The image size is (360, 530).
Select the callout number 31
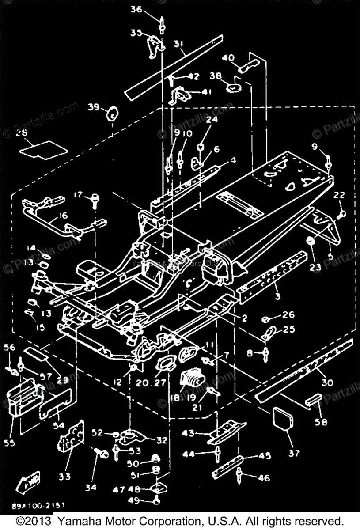click(179, 44)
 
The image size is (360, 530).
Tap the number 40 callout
click(228, 58)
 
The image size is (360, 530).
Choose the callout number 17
click(78, 194)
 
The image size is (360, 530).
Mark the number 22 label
click(339, 195)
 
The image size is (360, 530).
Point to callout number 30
click(327, 382)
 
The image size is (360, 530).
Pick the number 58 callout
click(321, 422)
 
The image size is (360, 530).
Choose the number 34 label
click(90, 488)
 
